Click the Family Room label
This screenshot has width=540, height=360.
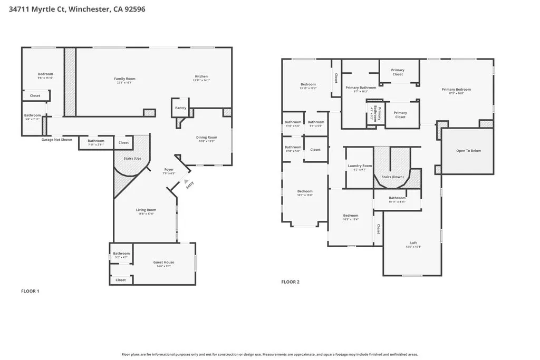124,79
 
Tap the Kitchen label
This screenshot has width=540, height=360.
201,76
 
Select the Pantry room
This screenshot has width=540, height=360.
180,108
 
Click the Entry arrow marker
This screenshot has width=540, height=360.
186,181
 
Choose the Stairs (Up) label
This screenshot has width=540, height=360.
132,158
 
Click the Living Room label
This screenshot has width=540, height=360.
145,210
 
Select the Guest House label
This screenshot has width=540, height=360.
163,262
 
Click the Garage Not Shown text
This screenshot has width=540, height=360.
57,140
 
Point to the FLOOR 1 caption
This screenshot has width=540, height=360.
30,291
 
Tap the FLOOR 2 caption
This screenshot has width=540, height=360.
290,282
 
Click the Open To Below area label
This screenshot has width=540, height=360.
468,151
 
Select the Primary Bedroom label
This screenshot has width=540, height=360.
456,90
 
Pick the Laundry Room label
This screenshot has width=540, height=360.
360,166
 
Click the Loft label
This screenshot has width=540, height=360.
413,244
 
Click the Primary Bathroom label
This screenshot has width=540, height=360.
361,87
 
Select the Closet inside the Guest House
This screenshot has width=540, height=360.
121,280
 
